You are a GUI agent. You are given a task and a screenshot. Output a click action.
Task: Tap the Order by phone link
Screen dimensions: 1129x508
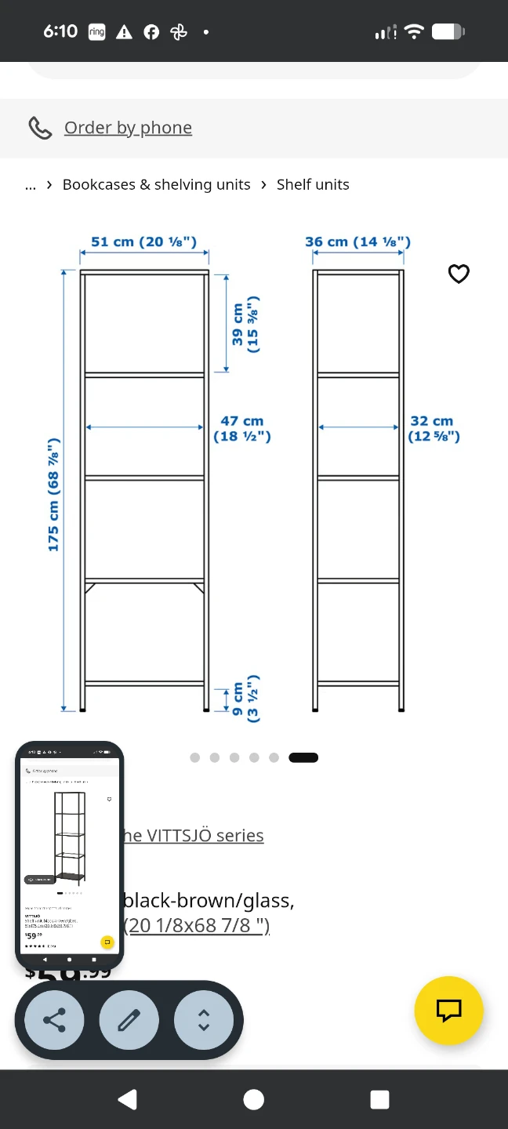point(128,128)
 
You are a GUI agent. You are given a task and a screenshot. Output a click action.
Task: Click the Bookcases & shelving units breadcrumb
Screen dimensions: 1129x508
point(156,185)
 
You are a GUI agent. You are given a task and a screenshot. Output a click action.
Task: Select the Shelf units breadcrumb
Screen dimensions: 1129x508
point(313,185)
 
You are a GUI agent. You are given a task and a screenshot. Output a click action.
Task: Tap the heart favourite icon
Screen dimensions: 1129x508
point(459,274)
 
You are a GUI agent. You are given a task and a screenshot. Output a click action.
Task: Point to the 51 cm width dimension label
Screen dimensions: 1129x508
point(143,242)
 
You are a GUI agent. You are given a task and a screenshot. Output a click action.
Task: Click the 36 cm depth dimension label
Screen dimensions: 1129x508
point(357,242)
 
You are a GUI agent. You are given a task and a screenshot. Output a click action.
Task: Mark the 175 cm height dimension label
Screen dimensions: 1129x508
point(53,495)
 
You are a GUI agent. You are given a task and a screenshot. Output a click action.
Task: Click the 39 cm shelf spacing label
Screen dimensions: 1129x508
point(245,325)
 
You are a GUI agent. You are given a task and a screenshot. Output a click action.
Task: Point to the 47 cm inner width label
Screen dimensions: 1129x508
point(242,429)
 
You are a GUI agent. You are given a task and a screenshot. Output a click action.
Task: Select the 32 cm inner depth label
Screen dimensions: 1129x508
point(433,429)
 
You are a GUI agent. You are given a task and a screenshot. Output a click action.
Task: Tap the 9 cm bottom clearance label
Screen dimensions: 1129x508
point(245,698)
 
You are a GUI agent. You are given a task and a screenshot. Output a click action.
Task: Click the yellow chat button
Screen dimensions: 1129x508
point(448,1011)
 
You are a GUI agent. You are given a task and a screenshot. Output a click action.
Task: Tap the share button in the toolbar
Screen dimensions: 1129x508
point(54,1020)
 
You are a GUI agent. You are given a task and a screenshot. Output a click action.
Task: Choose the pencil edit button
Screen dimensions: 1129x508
point(129,1020)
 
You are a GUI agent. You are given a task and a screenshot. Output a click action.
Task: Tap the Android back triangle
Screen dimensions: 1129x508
point(127,1099)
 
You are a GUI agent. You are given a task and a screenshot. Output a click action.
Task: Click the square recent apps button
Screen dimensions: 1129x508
point(379,1099)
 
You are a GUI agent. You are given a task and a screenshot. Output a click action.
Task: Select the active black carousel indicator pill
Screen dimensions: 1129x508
point(303,757)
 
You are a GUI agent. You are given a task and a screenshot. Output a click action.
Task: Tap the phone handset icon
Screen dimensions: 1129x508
point(40,128)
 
